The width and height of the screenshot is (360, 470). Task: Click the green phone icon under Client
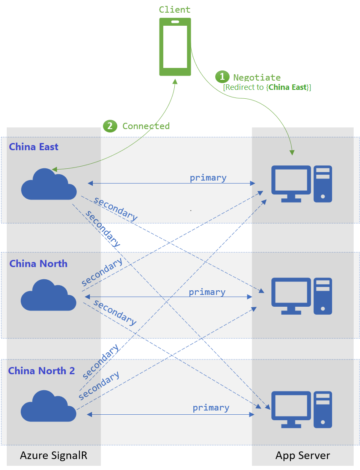pos(175,47)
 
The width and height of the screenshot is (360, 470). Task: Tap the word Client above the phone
pos(175,10)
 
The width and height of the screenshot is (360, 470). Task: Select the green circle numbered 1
pos(222,77)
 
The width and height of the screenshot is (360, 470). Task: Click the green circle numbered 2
pos(110,126)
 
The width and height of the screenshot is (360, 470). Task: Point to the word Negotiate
pos(257,77)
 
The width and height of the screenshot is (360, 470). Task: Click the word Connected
pos(146,126)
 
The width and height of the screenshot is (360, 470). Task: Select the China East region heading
pos(34,147)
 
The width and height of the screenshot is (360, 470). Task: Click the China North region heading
pos(38,264)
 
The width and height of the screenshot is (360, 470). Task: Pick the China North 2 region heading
pos(42,371)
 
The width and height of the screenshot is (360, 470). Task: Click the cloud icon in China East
pos(49,184)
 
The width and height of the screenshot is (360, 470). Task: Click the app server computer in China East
pos(301,184)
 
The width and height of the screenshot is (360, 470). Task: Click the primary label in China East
pos(208,178)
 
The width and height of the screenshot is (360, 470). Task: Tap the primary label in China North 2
pos(211,408)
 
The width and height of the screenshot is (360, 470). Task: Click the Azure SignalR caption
pos(54,456)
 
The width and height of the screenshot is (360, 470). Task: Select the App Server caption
pos(303,456)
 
